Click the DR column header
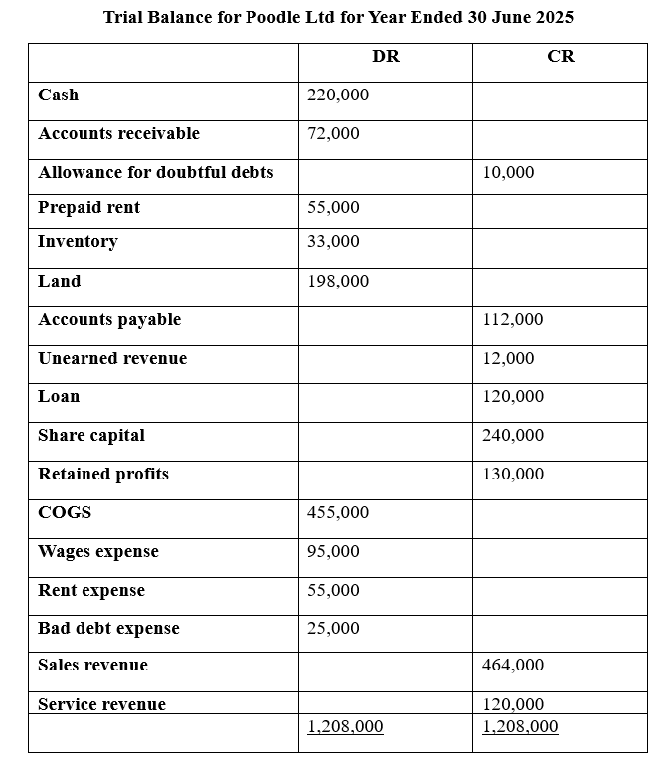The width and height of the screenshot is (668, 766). coord(386,57)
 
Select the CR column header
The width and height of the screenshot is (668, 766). coord(561,57)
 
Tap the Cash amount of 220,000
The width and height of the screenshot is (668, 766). coord(338,96)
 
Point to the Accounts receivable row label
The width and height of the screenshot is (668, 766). coord(118,134)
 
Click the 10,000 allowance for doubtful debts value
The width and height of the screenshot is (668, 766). coord(508,173)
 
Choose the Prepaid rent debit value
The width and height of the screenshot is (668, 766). coord(334,208)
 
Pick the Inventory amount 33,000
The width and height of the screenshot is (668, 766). coord(334,242)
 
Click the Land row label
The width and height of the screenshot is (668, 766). coord(60,282)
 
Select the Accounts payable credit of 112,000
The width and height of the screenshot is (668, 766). coord(513,320)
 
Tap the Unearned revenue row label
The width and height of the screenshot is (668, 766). coord(112,359)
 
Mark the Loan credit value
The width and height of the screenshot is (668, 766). coord(513,397)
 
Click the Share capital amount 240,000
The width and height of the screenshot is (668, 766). coord(513,436)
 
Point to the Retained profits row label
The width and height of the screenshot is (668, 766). coord(103,475)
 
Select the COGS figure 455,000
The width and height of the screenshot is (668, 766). coord(338,513)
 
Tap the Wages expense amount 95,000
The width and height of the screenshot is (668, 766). coord(334,552)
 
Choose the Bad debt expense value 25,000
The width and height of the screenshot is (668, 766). coord(334,629)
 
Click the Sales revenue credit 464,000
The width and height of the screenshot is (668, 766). coord(513,666)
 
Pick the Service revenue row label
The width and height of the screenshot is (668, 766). coord(101,705)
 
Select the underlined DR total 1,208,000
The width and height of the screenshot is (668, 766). coord(345,727)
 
